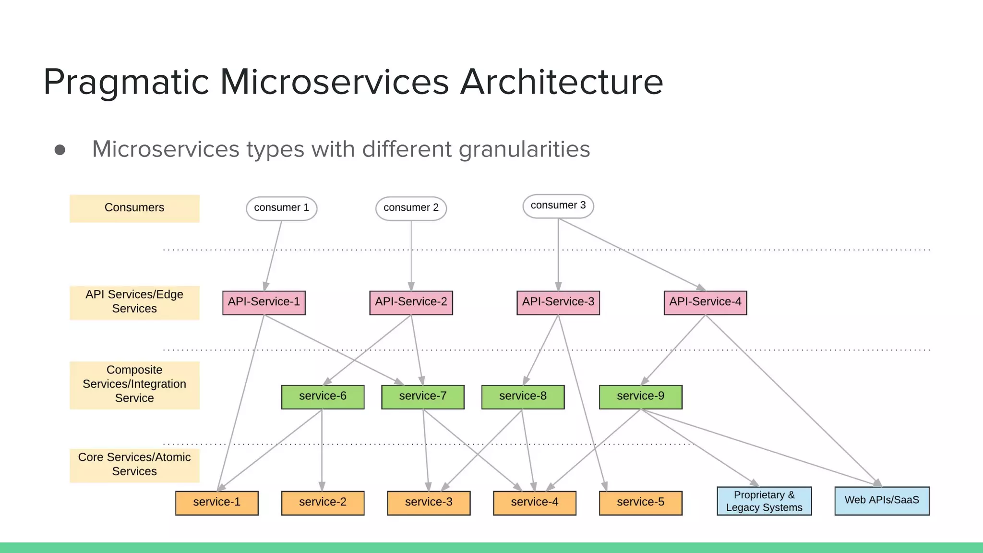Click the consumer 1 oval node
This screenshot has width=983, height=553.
(281, 208)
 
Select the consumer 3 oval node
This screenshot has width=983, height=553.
(558, 206)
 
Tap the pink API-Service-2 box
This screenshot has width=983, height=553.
(411, 302)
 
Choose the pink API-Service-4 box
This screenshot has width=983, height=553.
(705, 302)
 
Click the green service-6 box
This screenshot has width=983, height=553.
(323, 397)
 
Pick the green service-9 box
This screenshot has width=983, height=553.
(640, 397)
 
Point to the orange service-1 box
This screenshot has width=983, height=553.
(216, 503)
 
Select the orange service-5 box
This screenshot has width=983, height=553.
(640, 503)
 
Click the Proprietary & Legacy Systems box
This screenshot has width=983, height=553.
(764, 501)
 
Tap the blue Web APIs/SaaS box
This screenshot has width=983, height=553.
(882, 501)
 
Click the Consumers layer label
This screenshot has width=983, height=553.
(134, 208)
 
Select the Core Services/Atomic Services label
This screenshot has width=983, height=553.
(134, 465)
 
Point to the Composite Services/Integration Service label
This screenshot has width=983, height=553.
(134, 385)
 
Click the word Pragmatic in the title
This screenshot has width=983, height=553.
(126, 83)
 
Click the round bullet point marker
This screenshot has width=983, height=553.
(60, 150)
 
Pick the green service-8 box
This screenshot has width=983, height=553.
(523, 397)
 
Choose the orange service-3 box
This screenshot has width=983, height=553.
(429, 503)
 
